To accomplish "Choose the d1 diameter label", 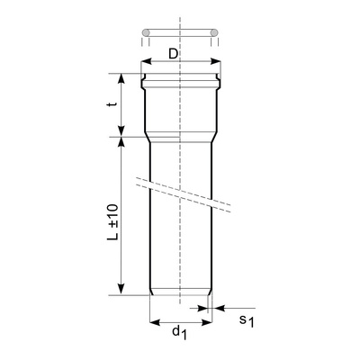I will (x=179, y=333).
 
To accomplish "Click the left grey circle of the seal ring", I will (x=144, y=35).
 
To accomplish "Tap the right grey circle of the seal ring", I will (x=214, y=35).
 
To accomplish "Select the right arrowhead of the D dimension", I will (x=217, y=63).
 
